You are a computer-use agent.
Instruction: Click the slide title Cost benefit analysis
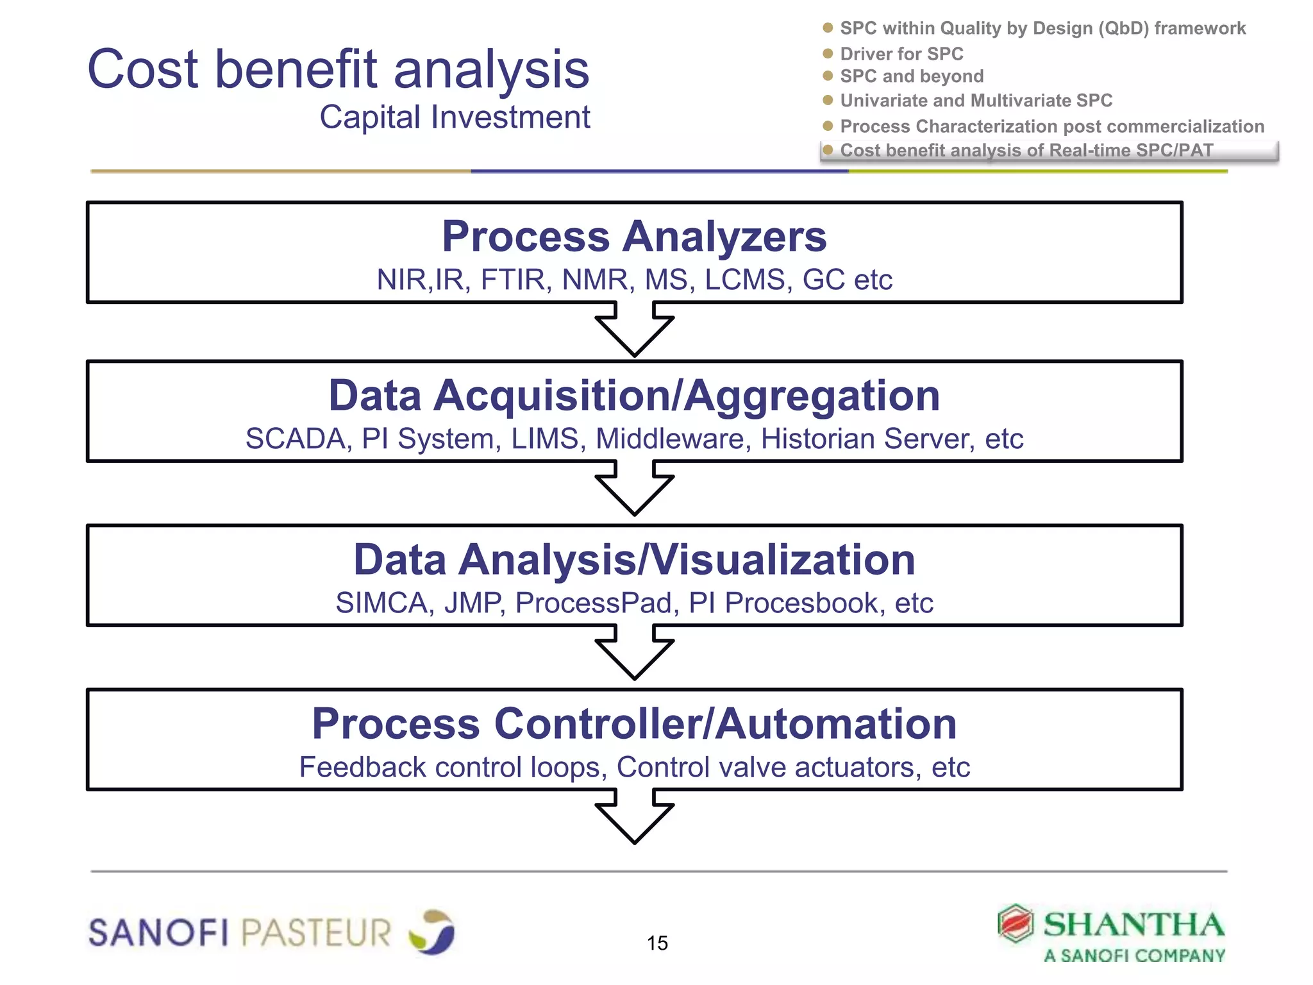pos(338,69)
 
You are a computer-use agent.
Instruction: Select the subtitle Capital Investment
pos(455,117)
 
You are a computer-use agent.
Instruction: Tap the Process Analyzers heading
pos(634,236)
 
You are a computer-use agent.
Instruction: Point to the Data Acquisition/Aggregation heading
pos(634,395)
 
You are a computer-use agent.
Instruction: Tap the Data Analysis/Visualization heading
pos(634,559)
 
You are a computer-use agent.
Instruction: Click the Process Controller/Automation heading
pos(634,723)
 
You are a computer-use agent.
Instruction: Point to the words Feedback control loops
pos(453,768)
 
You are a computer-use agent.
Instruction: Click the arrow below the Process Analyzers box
pos(634,330)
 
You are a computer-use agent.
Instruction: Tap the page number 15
pos(657,943)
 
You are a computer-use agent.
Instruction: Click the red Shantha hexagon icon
pos(1016,923)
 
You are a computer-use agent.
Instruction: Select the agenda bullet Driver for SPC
pos(901,54)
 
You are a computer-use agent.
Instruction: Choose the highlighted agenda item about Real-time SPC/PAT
pos(1026,151)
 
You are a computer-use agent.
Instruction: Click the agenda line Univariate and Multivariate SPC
pos(976,101)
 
